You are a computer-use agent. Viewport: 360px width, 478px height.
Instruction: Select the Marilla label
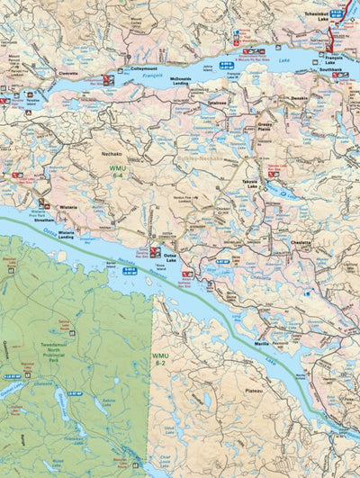(260, 318)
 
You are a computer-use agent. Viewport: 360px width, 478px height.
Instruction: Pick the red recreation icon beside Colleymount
(107, 77)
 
